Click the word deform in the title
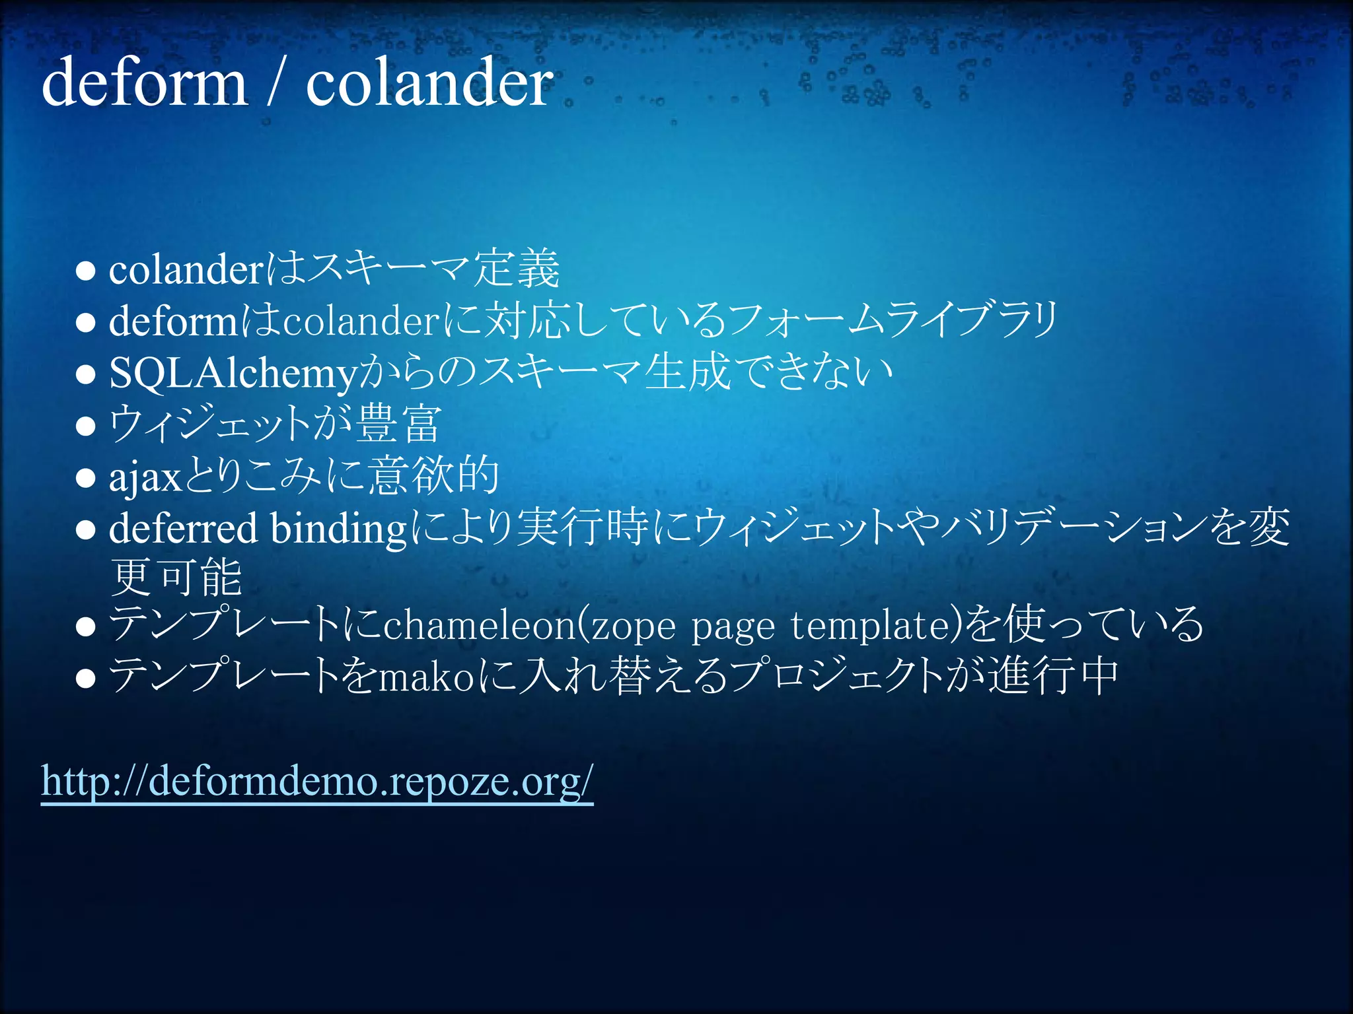[x=144, y=82]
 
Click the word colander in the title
[x=429, y=82]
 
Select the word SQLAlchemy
[x=233, y=374]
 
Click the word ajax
[x=145, y=477]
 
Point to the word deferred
[x=183, y=528]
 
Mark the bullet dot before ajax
[x=86, y=477]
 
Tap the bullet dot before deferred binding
[x=86, y=529]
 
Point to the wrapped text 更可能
[x=176, y=578]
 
